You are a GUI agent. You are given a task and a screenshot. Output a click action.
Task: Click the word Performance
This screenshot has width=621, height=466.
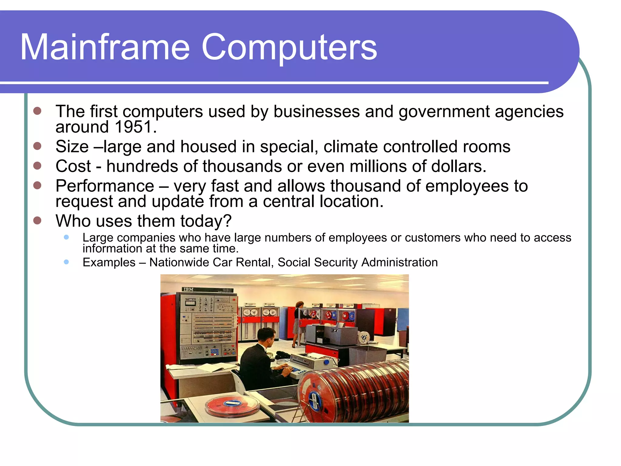point(105,186)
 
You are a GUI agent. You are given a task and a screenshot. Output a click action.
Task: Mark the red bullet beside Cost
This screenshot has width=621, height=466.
point(37,166)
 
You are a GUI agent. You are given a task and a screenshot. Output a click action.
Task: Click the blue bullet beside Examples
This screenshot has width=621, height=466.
point(66,262)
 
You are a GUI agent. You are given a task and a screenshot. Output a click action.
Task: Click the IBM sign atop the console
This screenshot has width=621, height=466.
point(188,289)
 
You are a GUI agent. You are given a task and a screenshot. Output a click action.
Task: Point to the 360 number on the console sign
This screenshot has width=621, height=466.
point(227,290)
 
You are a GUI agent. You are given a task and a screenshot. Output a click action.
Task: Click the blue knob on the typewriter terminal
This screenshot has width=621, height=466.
point(326,362)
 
